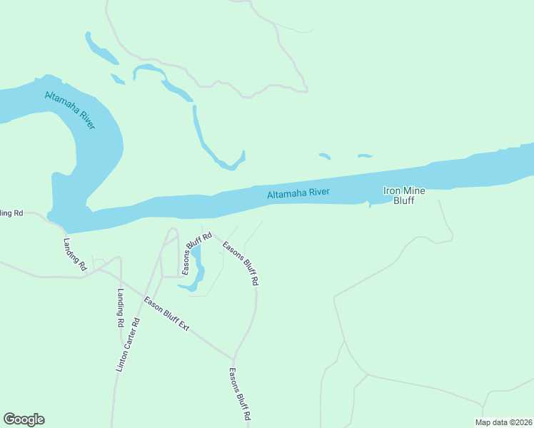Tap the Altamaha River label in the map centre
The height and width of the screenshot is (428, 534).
click(298, 193)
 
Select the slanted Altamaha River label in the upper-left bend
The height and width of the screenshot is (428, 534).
click(70, 110)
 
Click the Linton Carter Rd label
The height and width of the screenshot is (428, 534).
click(128, 345)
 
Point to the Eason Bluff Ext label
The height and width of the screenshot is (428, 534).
click(166, 314)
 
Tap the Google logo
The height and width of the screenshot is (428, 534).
click(24, 419)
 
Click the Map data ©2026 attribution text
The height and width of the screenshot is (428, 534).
click(503, 422)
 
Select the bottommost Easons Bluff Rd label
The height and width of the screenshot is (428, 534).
click(239, 393)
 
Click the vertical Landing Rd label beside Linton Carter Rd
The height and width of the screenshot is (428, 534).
click(121, 307)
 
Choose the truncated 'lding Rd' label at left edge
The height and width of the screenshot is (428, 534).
click(11, 213)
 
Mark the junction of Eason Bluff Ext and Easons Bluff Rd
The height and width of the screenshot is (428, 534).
click(233, 359)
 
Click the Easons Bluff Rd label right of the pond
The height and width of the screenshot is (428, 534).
click(241, 263)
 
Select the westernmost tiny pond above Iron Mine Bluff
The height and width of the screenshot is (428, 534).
click(325, 156)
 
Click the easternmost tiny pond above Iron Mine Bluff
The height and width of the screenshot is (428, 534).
click(365, 156)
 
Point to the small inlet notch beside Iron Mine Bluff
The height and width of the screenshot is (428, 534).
click(369, 205)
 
